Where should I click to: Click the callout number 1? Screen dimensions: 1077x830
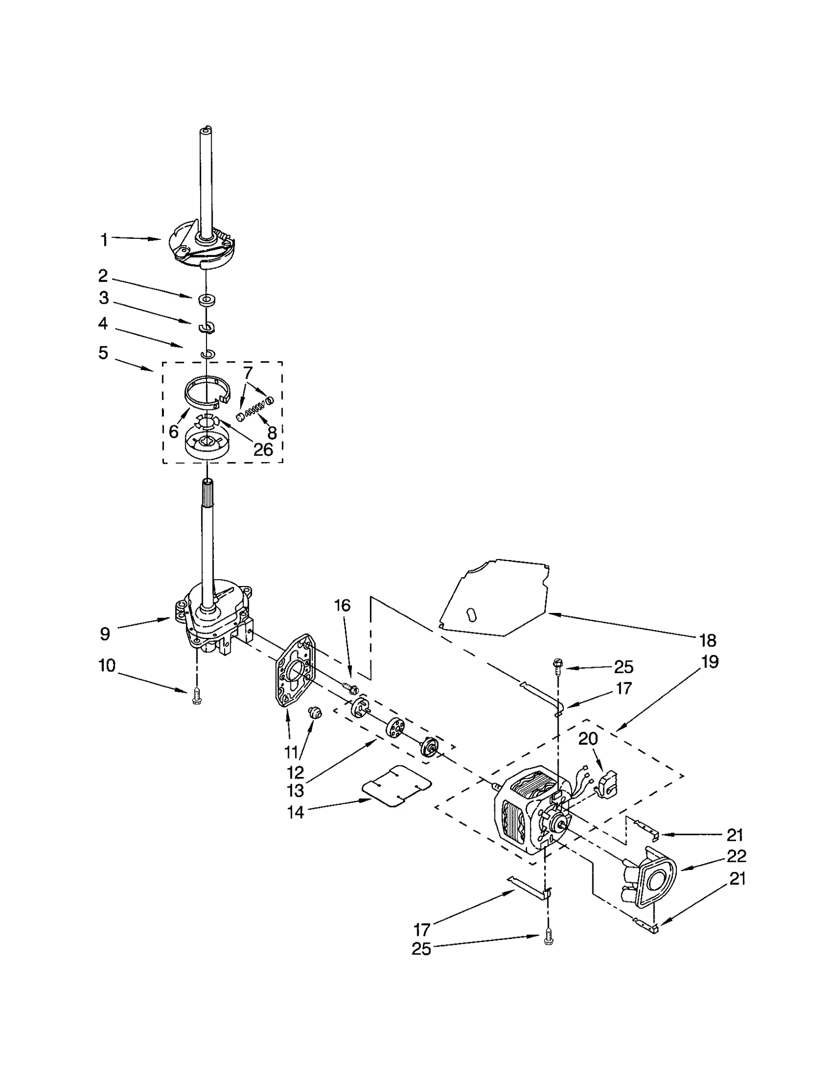point(104,240)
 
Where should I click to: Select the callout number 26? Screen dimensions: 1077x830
point(263,449)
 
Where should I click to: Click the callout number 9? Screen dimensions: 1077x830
point(105,633)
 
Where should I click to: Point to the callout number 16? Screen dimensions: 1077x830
point(342,605)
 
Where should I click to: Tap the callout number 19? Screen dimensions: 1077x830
point(710,662)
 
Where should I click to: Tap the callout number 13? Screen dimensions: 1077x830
point(295,790)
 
